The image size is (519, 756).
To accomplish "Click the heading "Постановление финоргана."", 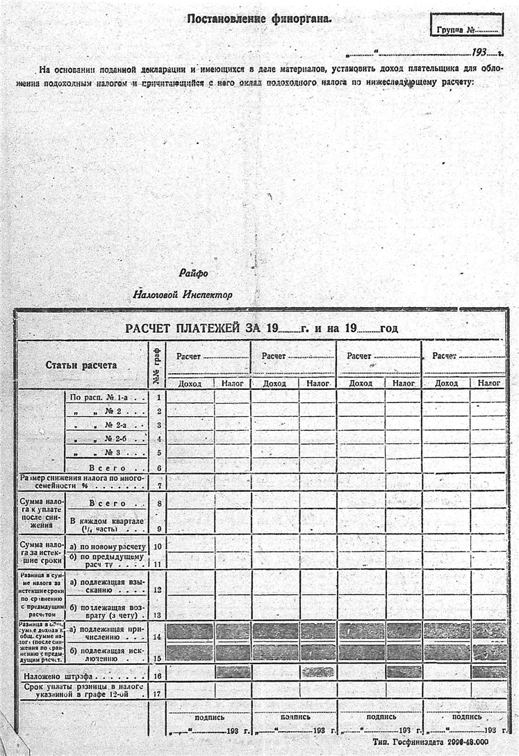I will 259,19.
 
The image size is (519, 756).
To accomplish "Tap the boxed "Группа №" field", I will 466,30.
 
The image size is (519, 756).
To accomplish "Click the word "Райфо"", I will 193,274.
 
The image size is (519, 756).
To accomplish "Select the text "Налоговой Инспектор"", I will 183,295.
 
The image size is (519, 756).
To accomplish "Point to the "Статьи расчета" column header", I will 81,365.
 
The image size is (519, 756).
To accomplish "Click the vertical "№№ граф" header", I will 158,365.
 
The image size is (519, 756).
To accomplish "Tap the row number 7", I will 159,486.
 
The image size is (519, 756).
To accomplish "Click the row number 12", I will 158,590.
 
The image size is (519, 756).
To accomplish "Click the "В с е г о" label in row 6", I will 107,468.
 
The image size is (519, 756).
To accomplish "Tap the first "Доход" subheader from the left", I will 190,383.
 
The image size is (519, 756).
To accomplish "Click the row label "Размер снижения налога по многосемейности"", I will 82,482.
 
